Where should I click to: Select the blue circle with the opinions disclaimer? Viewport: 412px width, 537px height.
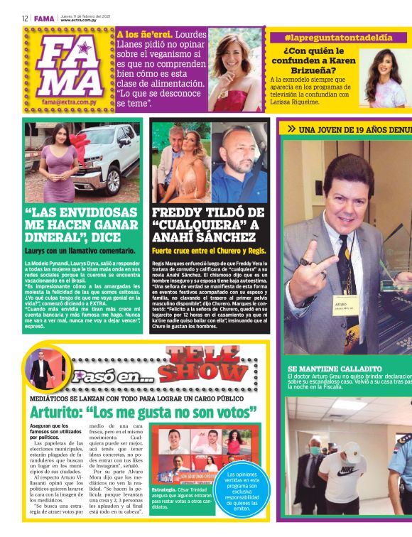247,490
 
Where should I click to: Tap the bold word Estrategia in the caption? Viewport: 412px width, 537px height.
164,510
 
